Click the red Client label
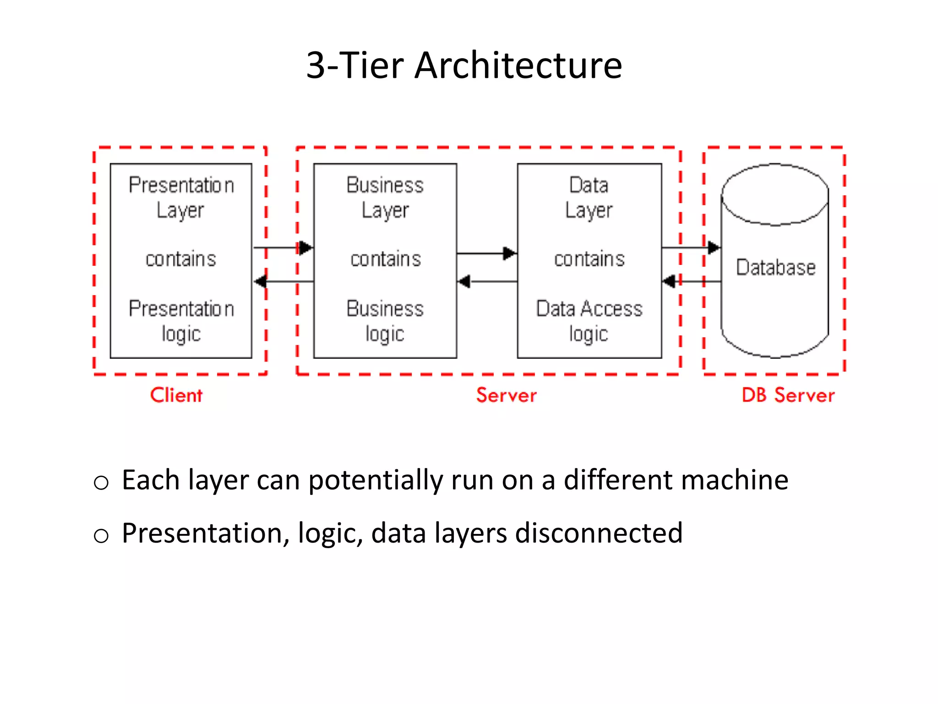(176, 395)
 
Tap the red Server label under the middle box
(506, 395)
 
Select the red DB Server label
(788, 395)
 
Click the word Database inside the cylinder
(775, 268)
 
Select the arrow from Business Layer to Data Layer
(486, 253)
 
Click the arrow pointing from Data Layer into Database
(691, 248)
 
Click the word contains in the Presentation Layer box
(180, 259)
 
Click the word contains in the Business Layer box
(385, 259)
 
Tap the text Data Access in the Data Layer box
(589, 309)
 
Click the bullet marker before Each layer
(101, 483)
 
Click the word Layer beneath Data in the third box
(589, 210)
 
